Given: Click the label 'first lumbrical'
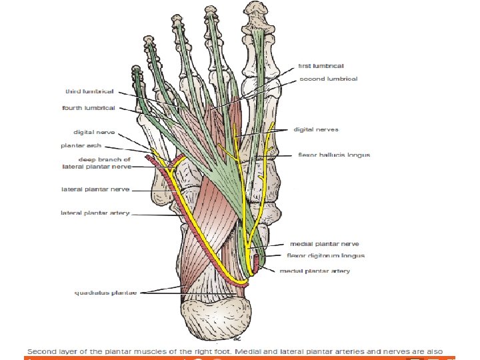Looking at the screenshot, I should (321, 66).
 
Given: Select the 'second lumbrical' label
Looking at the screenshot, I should (327, 79).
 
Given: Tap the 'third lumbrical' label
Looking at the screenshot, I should (90, 91).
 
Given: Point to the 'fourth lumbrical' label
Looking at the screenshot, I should (89, 107).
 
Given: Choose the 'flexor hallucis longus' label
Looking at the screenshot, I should (334, 155).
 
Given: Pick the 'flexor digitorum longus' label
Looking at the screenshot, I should (326, 255).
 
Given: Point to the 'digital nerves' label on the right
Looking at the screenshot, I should (316, 129).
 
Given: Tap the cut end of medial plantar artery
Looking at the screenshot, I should (255, 256).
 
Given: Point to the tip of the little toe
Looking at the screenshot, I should (137, 71).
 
